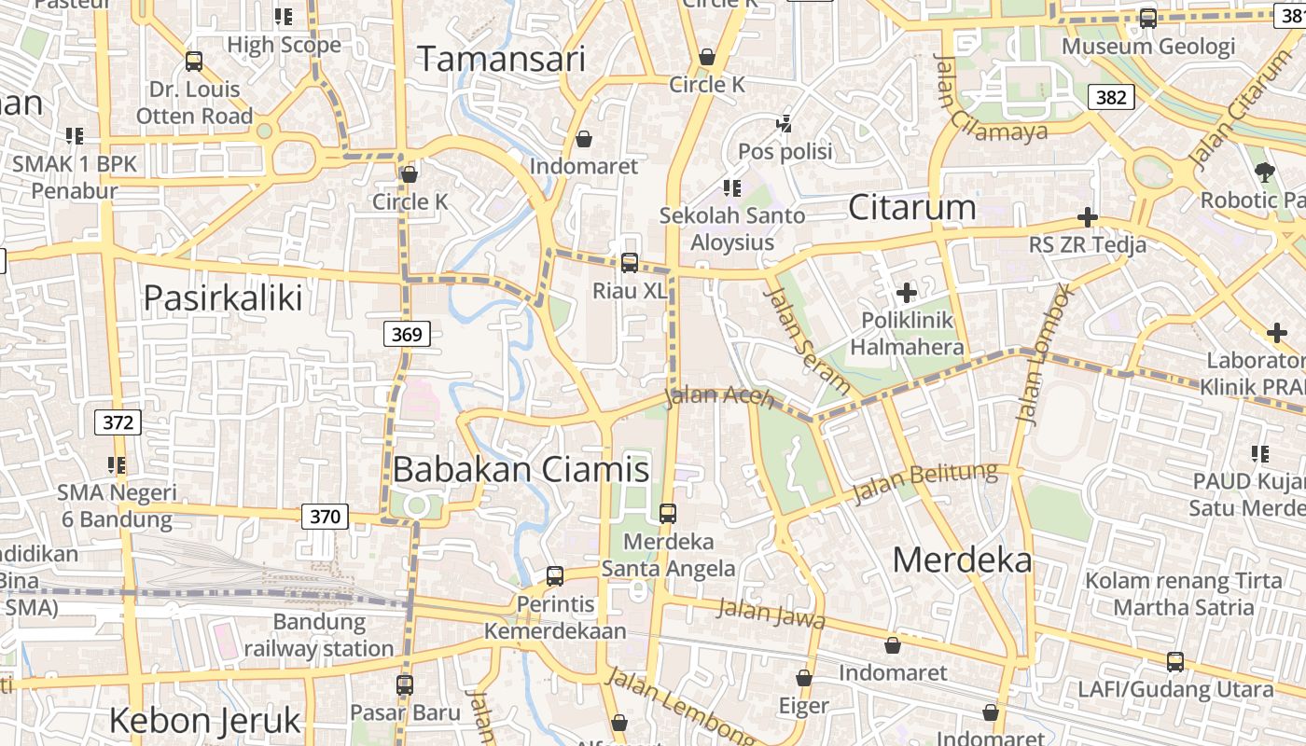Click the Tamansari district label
click(x=501, y=59)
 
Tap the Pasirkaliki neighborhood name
click(x=223, y=297)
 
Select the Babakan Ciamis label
click(x=521, y=468)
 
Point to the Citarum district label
click(x=911, y=207)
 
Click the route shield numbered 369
click(x=407, y=334)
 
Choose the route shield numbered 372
click(x=118, y=422)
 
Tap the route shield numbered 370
click(x=325, y=516)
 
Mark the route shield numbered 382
click(x=1111, y=97)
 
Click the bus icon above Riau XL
click(x=630, y=263)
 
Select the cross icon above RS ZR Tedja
click(x=1087, y=217)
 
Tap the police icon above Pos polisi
click(x=785, y=123)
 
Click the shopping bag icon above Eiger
click(x=804, y=678)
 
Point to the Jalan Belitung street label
click(x=924, y=482)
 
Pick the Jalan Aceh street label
click(x=719, y=397)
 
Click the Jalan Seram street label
click(x=807, y=340)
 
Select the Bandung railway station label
click(x=319, y=635)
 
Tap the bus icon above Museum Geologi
click(x=1148, y=18)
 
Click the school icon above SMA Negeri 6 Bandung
click(x=117, y=464)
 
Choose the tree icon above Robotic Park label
click(x=1265, y=172)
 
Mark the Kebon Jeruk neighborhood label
click(x=205, y=720)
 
